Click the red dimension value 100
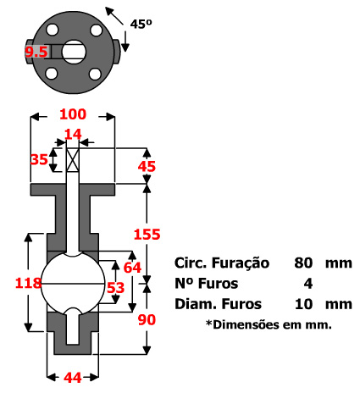73,113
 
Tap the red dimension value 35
38,158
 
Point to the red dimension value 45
147,167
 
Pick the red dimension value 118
16,282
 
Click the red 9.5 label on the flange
36,53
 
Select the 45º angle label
141,25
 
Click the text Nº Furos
207,283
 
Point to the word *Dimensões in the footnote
236,324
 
